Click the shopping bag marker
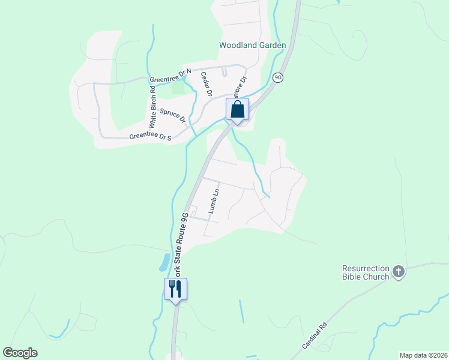tap(238, 110)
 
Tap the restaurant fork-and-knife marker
tap(175, 289)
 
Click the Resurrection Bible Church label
tap(366, 272)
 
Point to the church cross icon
tap(399, 272)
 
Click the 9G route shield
tap(277, 78)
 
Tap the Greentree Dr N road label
tap(170, 76)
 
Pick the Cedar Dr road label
tap(206, 84)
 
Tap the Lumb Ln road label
tap(214, 201)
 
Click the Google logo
tap(20, 353)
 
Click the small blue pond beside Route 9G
tap(164, 262)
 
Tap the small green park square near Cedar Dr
tap(178, 86)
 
